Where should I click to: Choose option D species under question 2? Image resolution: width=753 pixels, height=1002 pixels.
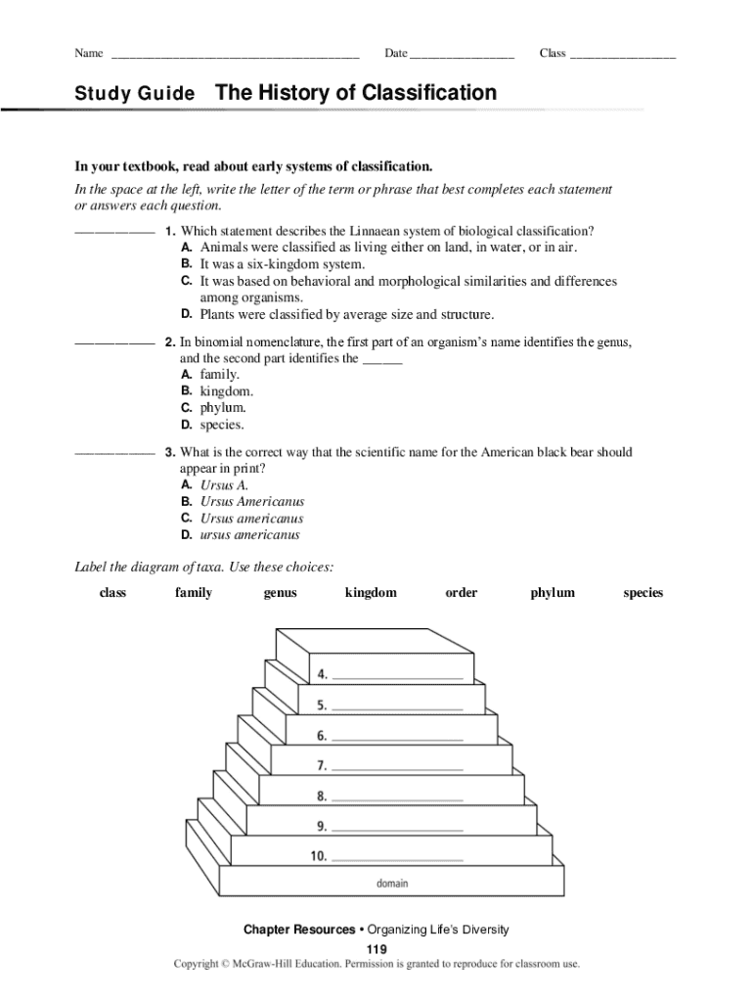pyautogui.click(x=222, y=426)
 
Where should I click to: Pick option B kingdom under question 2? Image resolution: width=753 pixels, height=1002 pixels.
pyautogui.click(x=226, y=391)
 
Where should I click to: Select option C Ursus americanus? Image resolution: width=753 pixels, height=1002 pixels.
pyautogui.click(x=251, y=519)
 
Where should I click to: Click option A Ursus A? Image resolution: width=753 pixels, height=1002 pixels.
pyautogui.click(x=224, y=485)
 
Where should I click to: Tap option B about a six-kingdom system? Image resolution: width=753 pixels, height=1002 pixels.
pyautogui.click(x=282, y=264)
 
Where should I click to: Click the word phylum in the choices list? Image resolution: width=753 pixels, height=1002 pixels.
pyautogui.click(x=553, y=593)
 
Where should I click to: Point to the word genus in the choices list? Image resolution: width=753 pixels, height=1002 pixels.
pyautogui.click(x=280, y=593)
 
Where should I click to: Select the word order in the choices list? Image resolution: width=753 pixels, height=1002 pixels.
pyautogui.click(x=462, y=593)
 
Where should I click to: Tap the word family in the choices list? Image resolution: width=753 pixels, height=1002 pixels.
pyautogui.click(x=194, y=593)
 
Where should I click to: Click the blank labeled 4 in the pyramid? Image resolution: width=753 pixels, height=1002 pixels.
pyautogui.click(x=397, y=675)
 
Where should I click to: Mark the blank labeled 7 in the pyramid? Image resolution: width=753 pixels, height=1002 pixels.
pyautogui.click(x=397, y=765)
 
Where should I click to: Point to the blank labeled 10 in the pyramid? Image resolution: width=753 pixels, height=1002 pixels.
pyautogui.click(x=397, y=857)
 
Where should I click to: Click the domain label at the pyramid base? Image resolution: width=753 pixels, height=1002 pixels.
pyautogui.click(x=392, y=884)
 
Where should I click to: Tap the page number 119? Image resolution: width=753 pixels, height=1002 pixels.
pyautogui.click(x=376, y=950)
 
